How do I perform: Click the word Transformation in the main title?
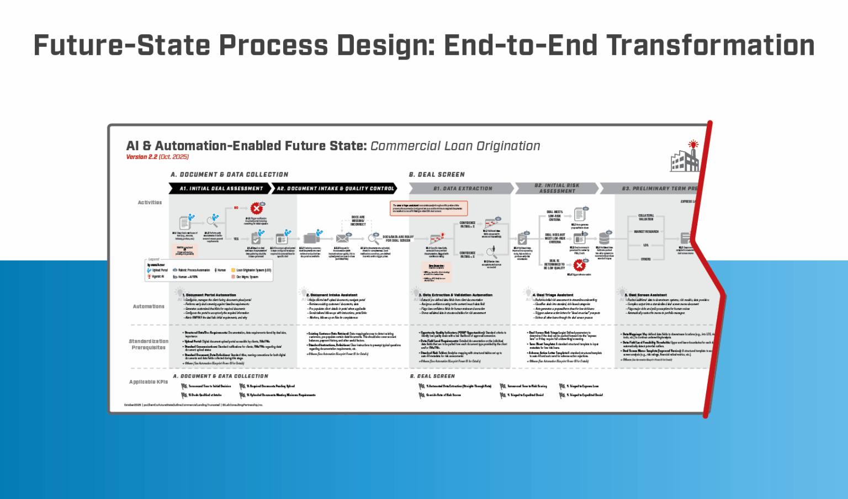710,46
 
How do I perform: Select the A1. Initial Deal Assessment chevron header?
220,189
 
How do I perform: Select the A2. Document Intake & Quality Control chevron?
335,189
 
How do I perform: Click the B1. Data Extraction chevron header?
462,189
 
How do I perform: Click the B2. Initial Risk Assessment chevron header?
556,189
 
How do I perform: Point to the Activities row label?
150,203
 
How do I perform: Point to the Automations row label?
149,306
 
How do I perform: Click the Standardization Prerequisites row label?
149,344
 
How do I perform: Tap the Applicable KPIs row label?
149,382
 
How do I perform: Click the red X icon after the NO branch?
257,209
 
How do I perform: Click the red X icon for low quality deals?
579,266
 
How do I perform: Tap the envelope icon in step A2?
342,238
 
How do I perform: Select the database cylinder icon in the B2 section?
605,238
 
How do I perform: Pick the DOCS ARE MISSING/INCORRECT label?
358,221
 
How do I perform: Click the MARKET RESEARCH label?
646,232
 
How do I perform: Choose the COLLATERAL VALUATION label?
646,217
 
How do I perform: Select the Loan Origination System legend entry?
253,270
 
